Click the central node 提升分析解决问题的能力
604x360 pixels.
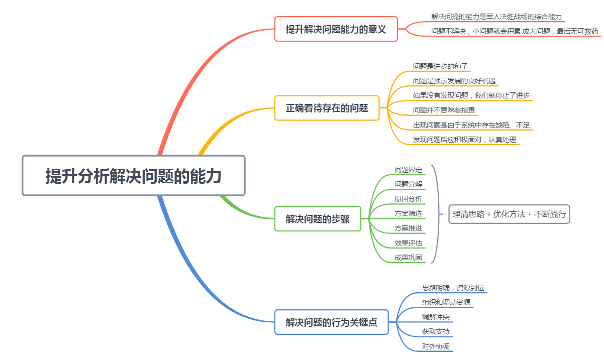click(x=133, y=176)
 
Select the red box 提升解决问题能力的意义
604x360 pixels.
click(x=336, y=29)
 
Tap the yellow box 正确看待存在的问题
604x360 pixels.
click(x=327, y=108)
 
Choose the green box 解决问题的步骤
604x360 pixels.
click(x=318, y=218)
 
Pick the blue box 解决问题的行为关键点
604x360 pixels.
click(x=331, y=322)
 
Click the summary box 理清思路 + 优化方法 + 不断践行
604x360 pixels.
click(x=509, y=214)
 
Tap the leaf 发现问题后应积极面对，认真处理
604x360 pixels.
click(x=464, y=139)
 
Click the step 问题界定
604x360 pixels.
click(x=408, y=170)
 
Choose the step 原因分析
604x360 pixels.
click(x=408, y=199)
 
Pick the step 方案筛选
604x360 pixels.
click(x=408, y=213)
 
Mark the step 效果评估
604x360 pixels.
click(x=408, y=243)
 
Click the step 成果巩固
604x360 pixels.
click(x=408, y=258)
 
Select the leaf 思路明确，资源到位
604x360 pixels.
click(x=453, y=288)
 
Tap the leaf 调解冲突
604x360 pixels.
click(x=436, y=317)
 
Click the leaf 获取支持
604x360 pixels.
click(x=436, y=331)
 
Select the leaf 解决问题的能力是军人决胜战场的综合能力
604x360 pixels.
click(x=496, y=17)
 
